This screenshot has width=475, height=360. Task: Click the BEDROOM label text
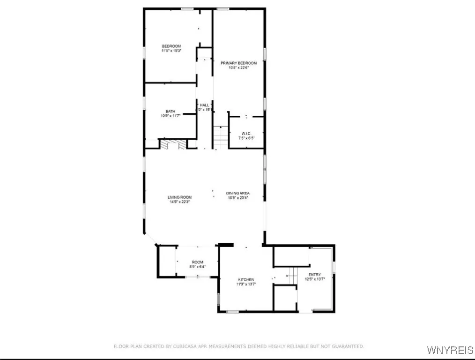tap(171, 46)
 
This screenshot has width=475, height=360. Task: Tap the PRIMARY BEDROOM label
tap(239, 63)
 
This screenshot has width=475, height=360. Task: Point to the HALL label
tap(205, 105)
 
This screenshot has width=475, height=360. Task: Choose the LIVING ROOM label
tap(180, 197)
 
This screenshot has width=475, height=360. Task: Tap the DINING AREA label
tap(238, 193)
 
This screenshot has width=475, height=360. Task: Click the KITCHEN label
tap(246, 279)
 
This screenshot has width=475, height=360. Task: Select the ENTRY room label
tap(315, 274)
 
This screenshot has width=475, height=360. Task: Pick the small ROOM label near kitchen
tap(197, 262)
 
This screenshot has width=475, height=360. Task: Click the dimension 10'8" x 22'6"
tap(239, 67)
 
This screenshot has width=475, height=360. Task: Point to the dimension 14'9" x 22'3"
tap(180, 202)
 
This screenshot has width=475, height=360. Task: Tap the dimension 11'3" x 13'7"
tap(246, 284)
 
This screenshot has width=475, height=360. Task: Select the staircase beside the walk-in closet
tap(220, 137)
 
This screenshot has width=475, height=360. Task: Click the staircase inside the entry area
tap(292, 275)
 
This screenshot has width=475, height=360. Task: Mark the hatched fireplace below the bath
tap(169, 144)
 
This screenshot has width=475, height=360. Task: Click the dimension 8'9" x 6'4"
tap(197, 267)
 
